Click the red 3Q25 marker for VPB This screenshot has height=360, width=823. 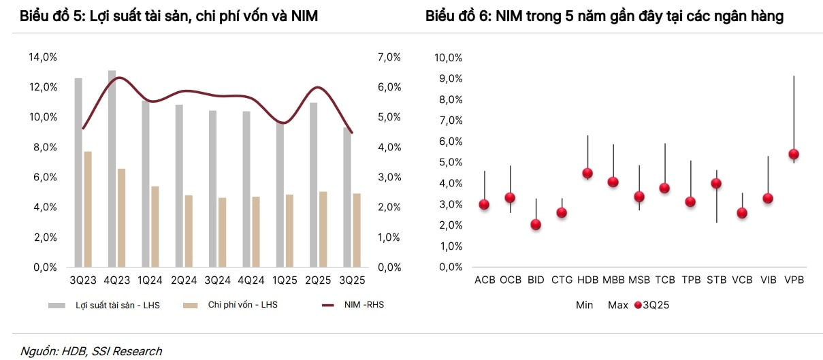click(x=793, y=154)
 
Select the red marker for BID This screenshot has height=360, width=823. click(x=536, y=225)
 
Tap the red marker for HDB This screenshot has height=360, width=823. click(x=587, y=173)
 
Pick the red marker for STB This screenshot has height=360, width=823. click(x=715, y=183)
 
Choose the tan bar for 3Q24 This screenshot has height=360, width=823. click(x=222, y=232)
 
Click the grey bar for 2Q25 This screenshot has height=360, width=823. click(x=313, y=184)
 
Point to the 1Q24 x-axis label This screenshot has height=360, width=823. click(x=150, y=280)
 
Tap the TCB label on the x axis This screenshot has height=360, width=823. click(x=664, y=280)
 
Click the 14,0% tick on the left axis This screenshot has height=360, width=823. click(x=43, y=57)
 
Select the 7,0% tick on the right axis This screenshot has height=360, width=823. click(x=389, y=57)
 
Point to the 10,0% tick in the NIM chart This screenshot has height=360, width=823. click(x=449, y=58)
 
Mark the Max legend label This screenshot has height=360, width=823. click(x=617, y=306)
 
